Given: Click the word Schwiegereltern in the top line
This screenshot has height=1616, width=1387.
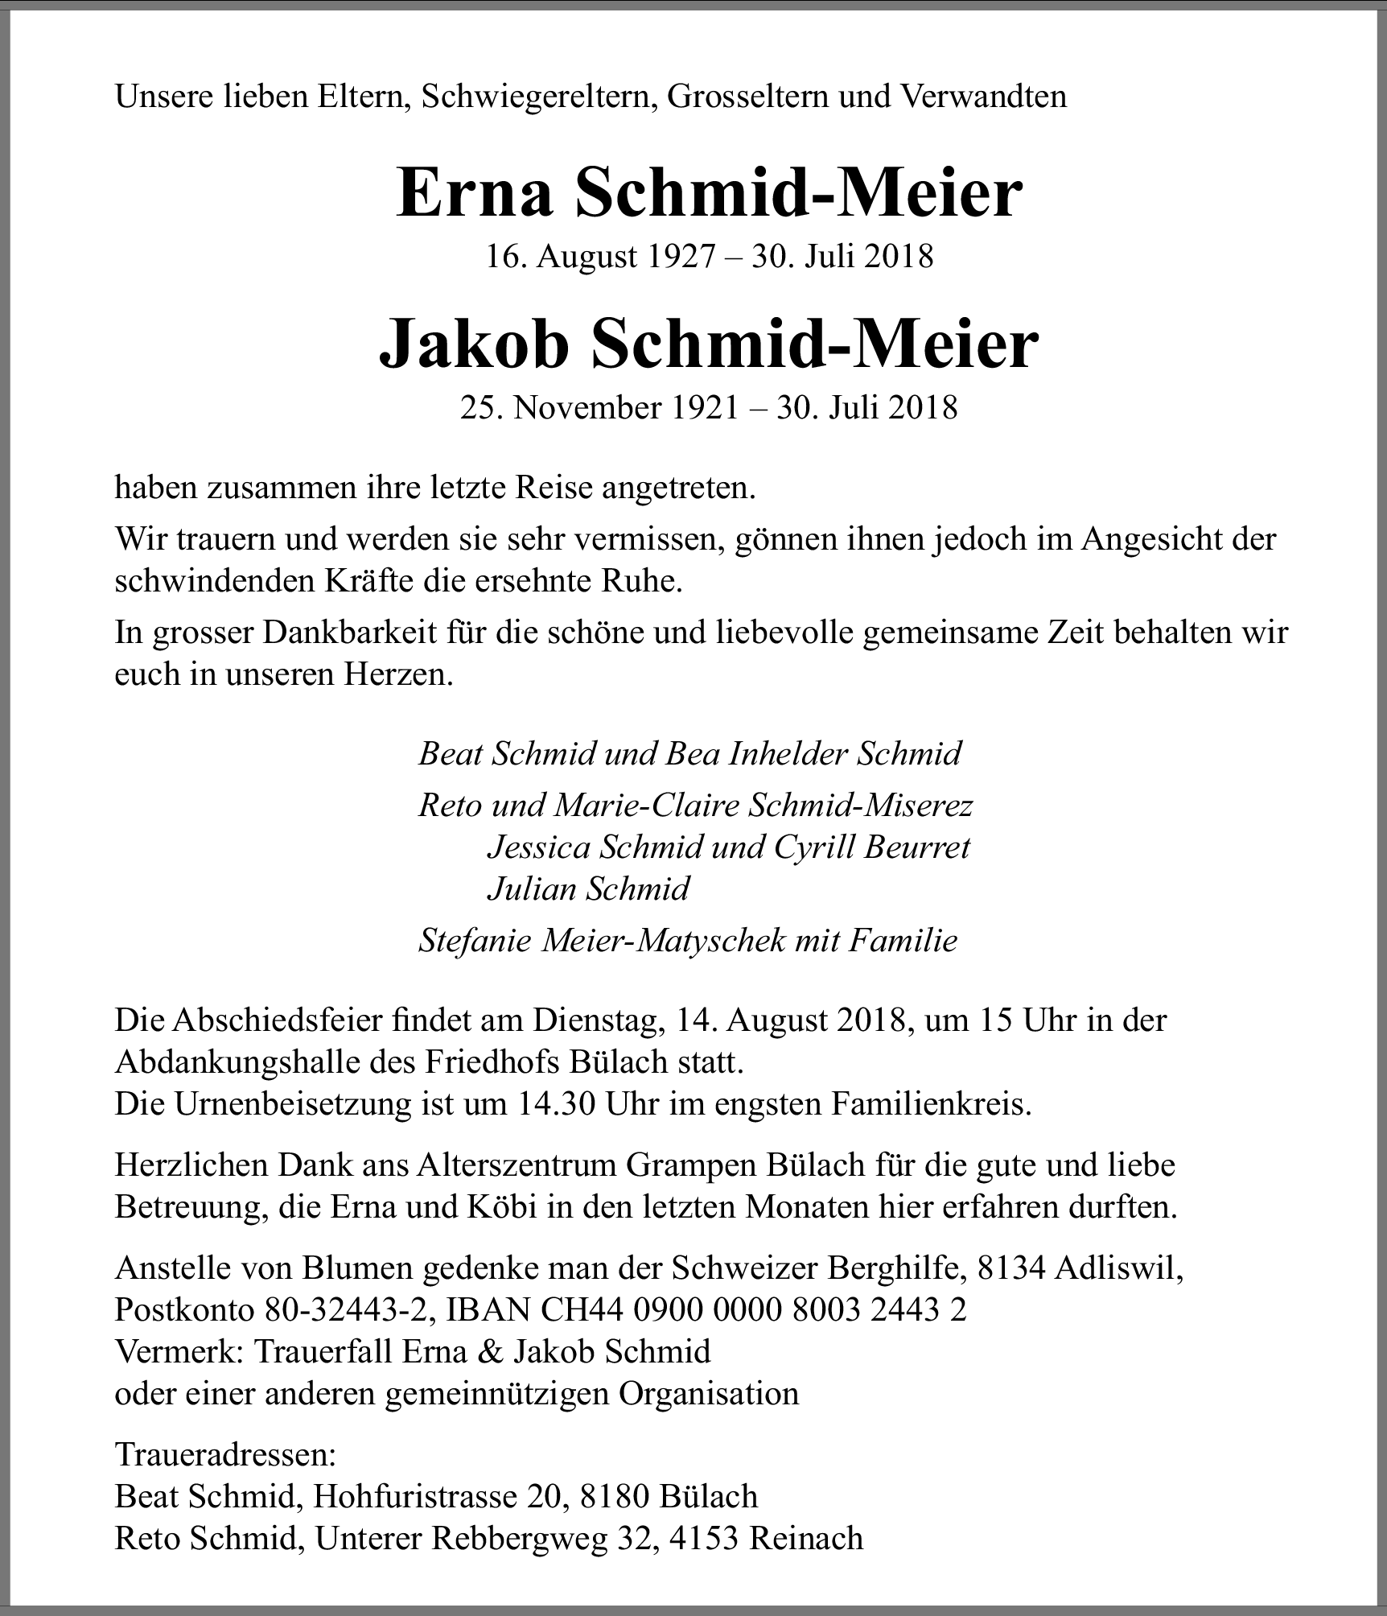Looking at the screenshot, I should [x=535, y=97].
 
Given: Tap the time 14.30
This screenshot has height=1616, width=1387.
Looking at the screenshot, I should [x=552, y=1104].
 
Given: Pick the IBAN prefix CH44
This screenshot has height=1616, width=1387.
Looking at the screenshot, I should [x=582, y=1310].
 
